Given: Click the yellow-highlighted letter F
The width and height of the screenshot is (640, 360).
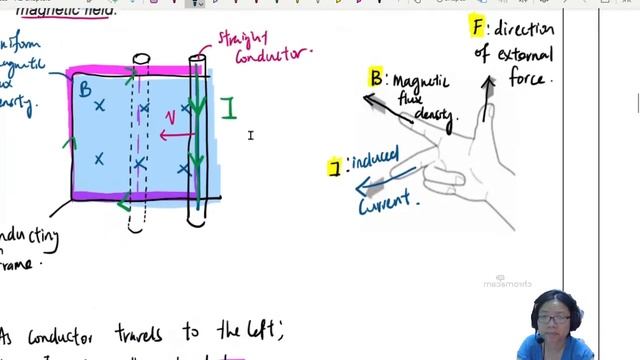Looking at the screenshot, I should click(479, 27).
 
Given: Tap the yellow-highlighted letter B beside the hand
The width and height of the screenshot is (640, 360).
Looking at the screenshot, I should click(375, 77).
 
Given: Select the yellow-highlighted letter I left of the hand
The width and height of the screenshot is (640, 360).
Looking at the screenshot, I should click(335, 167).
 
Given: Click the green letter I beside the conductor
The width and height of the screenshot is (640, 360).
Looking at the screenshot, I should click(229, 107).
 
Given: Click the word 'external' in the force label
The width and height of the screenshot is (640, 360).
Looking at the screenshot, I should click(523, 54).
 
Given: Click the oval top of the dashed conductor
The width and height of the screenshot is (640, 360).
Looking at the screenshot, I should click(141, 60).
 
